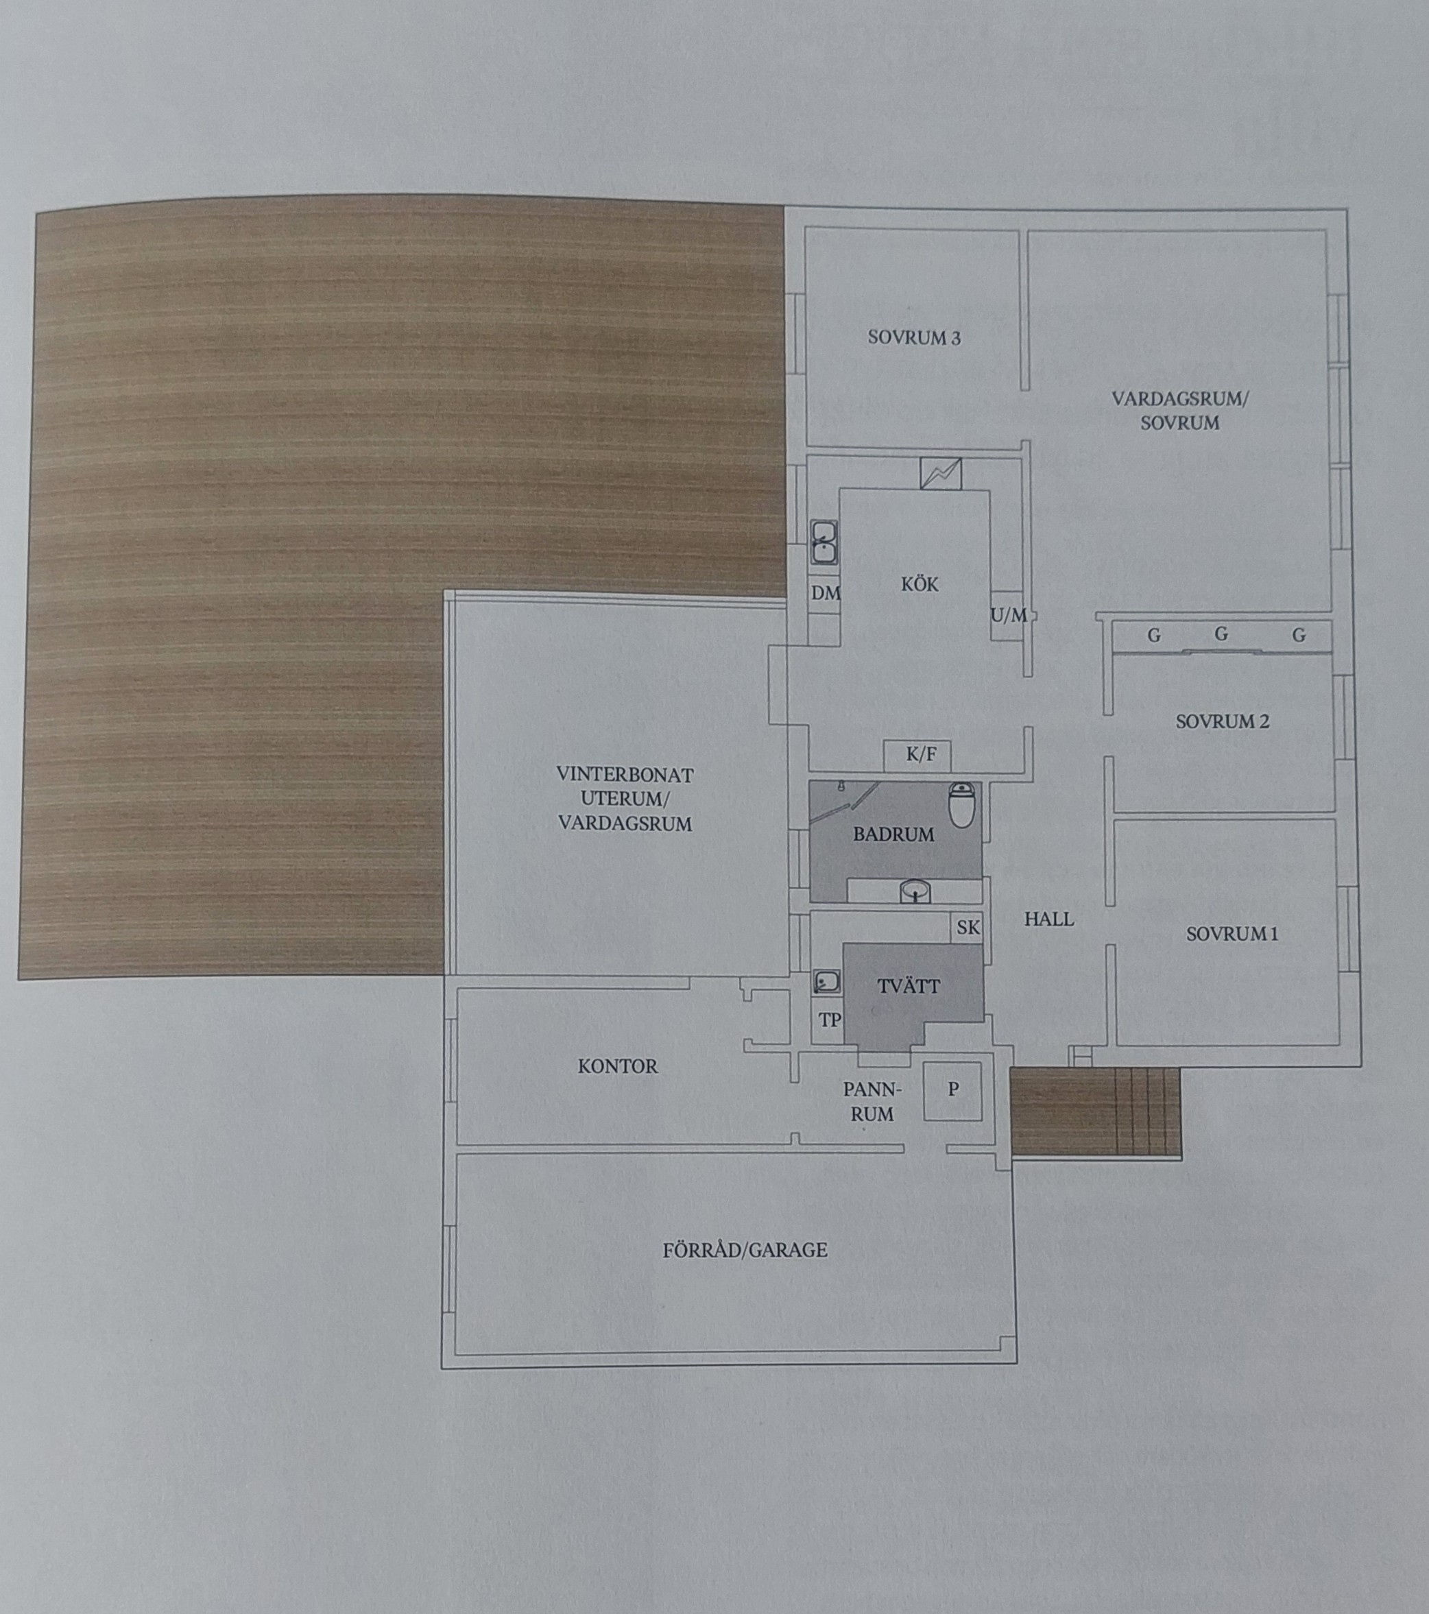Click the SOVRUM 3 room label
pos(914,338)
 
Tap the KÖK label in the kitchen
pos(920,584)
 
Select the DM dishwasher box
pos(825,593)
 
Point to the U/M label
pos(1009,614)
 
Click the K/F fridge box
pos(917,755)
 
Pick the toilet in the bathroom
pos(961,804)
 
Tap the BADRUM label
pos(893,834)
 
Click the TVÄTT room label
pos(909,986)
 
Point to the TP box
pos(828,1021)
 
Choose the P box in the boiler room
pos(953,1090)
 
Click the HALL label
pos(1048,919)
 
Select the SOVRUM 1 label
pos(1232,934)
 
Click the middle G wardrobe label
pos(1221,634)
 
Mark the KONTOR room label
pos(617,1067)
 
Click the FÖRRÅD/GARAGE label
pos(745,1250)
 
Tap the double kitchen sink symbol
pos(825,542)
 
